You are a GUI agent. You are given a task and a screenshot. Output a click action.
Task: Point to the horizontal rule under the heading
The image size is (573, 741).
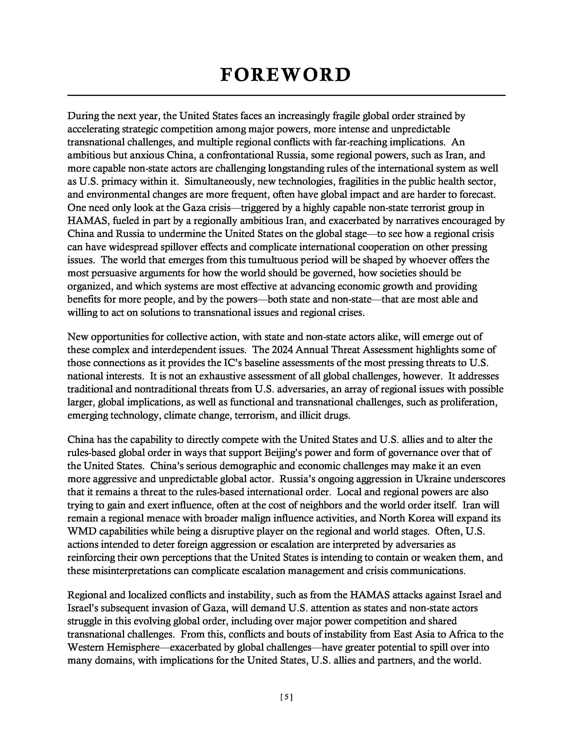point(286,95)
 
